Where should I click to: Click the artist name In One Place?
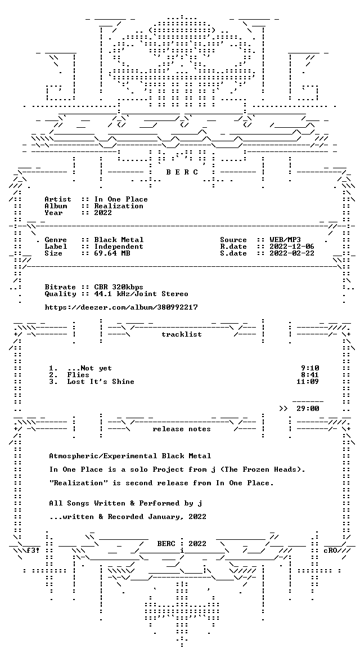(121, 199)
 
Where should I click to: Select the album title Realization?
(119, 206)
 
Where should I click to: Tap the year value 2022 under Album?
(103, 213)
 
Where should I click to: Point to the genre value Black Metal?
(119, 240)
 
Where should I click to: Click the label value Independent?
(119, 247)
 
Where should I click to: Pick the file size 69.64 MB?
(112, 253)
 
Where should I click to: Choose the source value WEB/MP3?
(285, 240)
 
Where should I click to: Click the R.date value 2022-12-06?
(292, 247)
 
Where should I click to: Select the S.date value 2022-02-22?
(292, 253)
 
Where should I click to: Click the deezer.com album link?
(121, 307)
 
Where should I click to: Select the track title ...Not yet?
(89, 368)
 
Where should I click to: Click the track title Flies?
(78, 375)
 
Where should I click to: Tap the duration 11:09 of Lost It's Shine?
(308, 382)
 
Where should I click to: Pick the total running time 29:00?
(308, 409)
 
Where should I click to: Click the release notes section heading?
(182, 429)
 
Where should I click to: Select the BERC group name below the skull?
(182, 172)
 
